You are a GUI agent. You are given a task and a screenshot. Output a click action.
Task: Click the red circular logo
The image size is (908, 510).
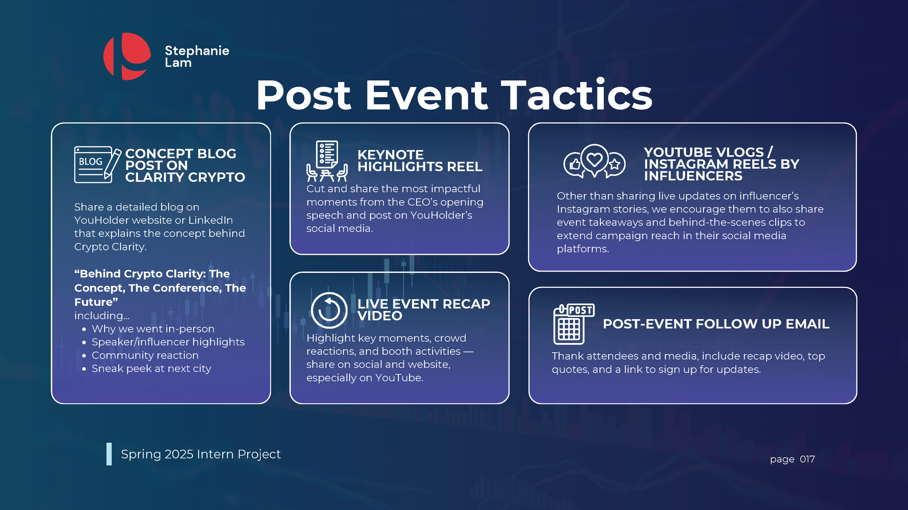[127, 56]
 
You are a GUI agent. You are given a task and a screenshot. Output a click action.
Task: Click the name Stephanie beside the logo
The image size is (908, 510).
[197, 51]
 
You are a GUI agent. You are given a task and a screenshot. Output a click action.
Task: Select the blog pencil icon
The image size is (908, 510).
[97, 164]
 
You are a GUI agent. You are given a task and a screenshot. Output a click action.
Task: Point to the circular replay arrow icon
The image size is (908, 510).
[329, 310]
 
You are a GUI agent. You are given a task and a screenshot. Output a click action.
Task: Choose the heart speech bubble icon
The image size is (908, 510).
[595, 160]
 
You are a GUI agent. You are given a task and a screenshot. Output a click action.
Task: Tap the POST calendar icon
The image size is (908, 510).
[573, 324]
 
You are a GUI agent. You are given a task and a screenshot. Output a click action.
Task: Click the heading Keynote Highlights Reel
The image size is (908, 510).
[419, 160]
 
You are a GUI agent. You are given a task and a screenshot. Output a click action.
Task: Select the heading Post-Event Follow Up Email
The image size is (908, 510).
[716, 324]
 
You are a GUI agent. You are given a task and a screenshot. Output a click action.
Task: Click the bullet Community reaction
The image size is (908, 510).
[145, 355]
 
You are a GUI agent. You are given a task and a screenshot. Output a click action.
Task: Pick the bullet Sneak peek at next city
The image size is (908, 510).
[151, 369]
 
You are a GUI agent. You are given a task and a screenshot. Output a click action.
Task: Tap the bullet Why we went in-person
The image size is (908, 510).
[153, 329]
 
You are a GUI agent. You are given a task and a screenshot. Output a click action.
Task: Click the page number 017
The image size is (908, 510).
[807, 459]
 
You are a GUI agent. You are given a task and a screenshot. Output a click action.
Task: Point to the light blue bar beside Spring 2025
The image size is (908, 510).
[109, 454]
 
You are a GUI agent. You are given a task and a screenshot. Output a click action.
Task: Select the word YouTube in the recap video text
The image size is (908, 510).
[399, 378]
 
